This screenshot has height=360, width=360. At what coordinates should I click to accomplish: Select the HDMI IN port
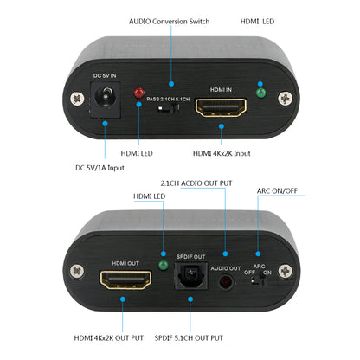(221, 107)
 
